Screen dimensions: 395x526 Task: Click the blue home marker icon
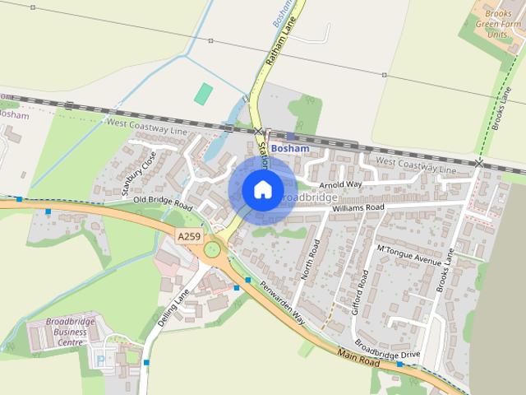point(262,190)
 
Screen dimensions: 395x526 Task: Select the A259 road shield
point(188,235)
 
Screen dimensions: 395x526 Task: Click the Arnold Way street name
point(341,185)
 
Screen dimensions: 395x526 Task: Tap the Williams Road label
point(358,209)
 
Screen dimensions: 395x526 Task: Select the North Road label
point(311,260)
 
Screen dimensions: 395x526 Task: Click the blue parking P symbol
point(101,360)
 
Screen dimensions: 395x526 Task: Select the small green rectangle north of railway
point(203,93)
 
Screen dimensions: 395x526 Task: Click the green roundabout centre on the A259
point(213,249)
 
